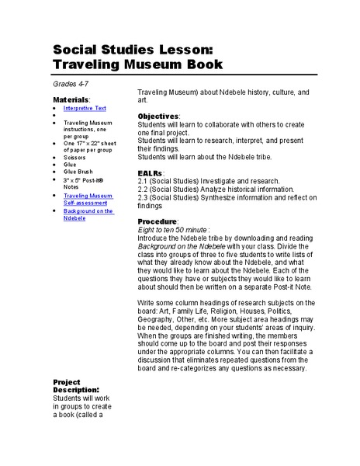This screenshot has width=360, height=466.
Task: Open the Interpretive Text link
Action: pos(85,109)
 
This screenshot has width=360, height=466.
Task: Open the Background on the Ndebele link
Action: pos(88,214)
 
